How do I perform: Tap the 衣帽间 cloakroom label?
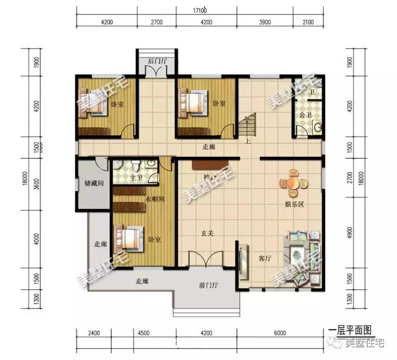coord(154,200)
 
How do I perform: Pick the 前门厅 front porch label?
coord(209,286)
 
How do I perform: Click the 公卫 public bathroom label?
coord(305,115)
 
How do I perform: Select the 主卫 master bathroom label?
coord(137,178)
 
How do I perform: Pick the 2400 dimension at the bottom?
coord(94,339)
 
